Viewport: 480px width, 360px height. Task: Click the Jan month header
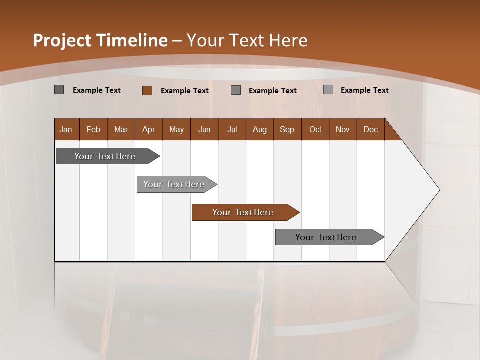click(x=66, y=130)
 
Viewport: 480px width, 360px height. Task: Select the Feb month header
click(x=93, y=130)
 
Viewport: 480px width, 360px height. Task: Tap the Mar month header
click(x=121, y=130)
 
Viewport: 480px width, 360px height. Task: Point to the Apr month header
click(x=148, y=130)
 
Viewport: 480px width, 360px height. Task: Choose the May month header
click(x=176, y=130)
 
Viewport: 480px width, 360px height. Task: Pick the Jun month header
click(x=204, y=130)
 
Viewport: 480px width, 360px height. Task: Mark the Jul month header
click(x=232, y=130)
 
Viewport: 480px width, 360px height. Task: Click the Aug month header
click(x=259, y=130)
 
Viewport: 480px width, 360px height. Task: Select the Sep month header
click(x=287, y=130)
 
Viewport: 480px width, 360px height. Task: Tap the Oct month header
click(x=315, y=130)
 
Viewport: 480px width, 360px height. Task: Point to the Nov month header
click(x=342, y=130)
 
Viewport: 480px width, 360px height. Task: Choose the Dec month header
click(x=370, y=130)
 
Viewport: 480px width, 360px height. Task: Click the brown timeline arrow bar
click(x=245, y=212)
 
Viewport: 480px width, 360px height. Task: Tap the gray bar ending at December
click(x=327, y=237)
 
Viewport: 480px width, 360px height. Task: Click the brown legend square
click(x=147, y=90)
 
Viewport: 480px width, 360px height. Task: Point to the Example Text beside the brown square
click(x=184, y=91)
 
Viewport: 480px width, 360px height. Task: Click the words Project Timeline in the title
click(x=100, y=40)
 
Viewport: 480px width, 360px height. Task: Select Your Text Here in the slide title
click(x=247, y=40)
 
